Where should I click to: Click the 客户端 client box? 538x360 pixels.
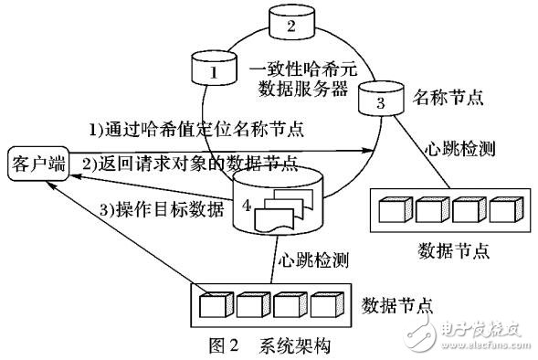37,165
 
